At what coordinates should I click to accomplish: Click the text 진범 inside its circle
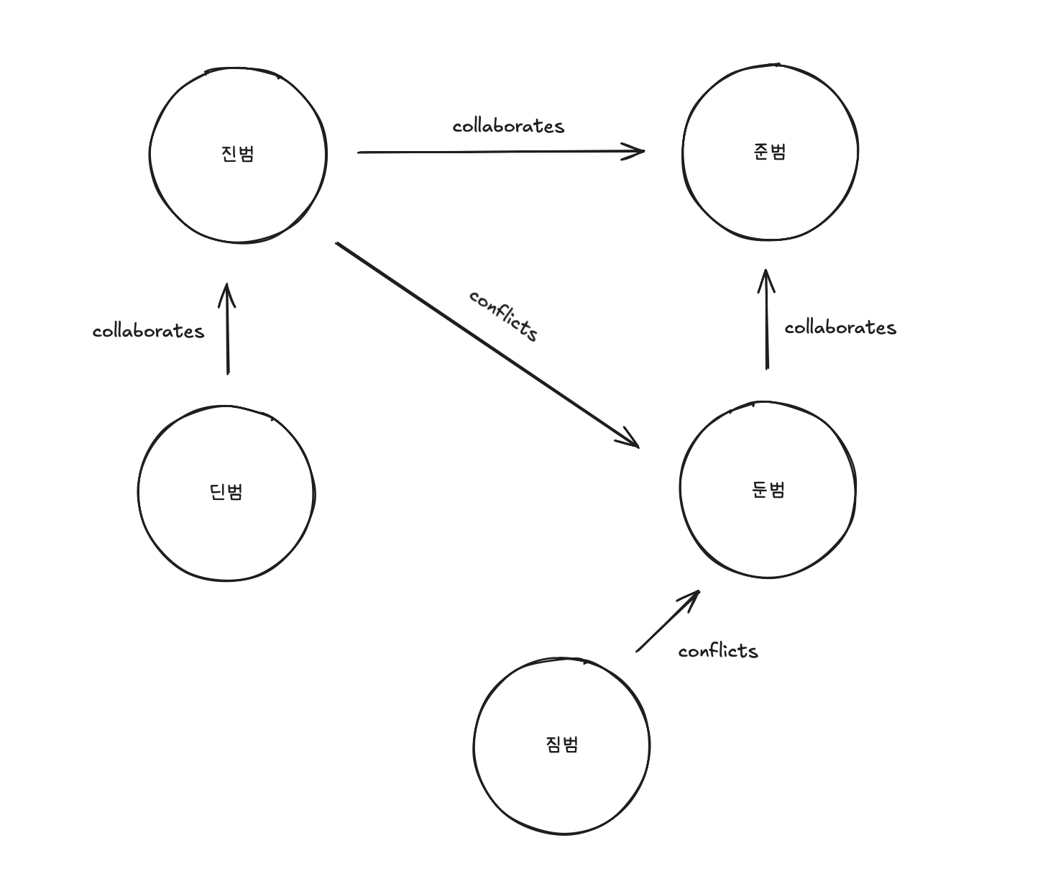(238, 154)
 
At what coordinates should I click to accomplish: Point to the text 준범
(770, 152)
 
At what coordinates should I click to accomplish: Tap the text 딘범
(226, 492)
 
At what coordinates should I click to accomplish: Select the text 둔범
(768, 490)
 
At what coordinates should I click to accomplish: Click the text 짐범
(562, 744)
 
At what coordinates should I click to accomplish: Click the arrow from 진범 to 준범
(500, 152)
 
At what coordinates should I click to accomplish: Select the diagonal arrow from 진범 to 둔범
(487, 345)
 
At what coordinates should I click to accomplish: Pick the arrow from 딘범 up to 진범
(227, 328)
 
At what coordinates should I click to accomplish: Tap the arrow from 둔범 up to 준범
(766, 319)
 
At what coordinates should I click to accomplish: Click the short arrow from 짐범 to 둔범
(668, 621)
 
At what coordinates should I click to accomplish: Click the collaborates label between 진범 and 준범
(508, 127)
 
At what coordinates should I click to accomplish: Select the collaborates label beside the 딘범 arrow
(148, 332)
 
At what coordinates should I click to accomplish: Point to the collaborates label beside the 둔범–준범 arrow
(840, 328)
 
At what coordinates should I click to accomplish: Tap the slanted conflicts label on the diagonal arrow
(504, 316)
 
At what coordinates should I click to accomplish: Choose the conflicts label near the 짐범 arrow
(718, 652)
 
